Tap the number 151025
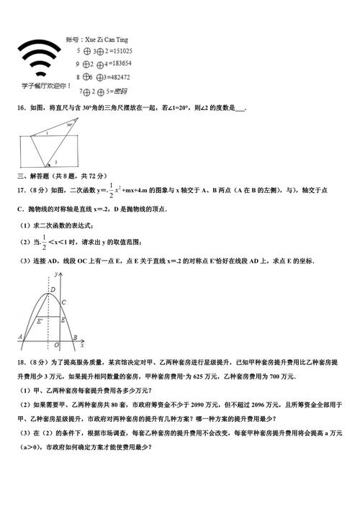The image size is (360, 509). (118, 51)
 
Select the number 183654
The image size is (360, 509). (118, 64)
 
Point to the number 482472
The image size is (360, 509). (117, 77)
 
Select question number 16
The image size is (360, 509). (21, 108)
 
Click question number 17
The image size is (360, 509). (21, 190)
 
